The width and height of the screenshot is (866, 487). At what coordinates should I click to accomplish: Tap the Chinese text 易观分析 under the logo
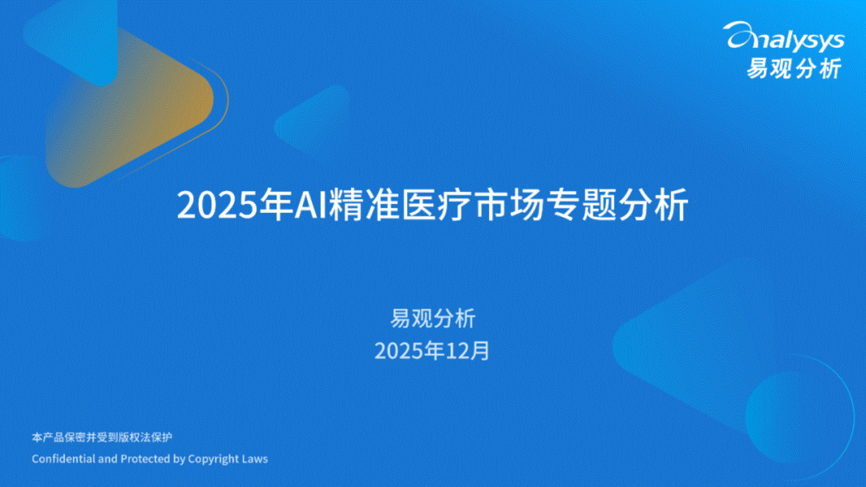click(794, 69)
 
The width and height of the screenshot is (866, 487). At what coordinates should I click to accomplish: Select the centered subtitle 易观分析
click(432, 319)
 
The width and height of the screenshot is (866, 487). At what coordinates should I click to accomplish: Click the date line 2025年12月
click(432, 351)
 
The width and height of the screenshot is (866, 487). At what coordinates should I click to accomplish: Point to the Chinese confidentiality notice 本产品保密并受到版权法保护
click(102, 437)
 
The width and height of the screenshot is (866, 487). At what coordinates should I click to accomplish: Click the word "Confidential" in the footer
click(64, 459)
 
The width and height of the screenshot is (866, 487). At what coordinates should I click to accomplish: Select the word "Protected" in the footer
click(145, 459)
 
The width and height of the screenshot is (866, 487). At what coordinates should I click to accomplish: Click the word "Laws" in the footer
click(255, 459)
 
